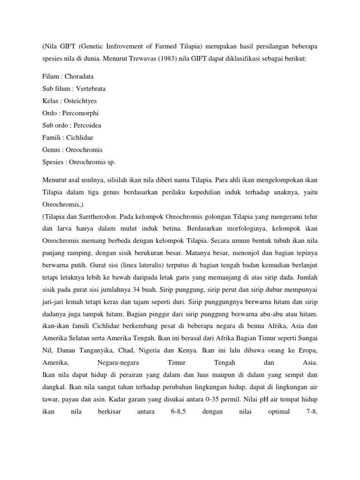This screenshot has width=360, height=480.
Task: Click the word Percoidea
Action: click(87, 125)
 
